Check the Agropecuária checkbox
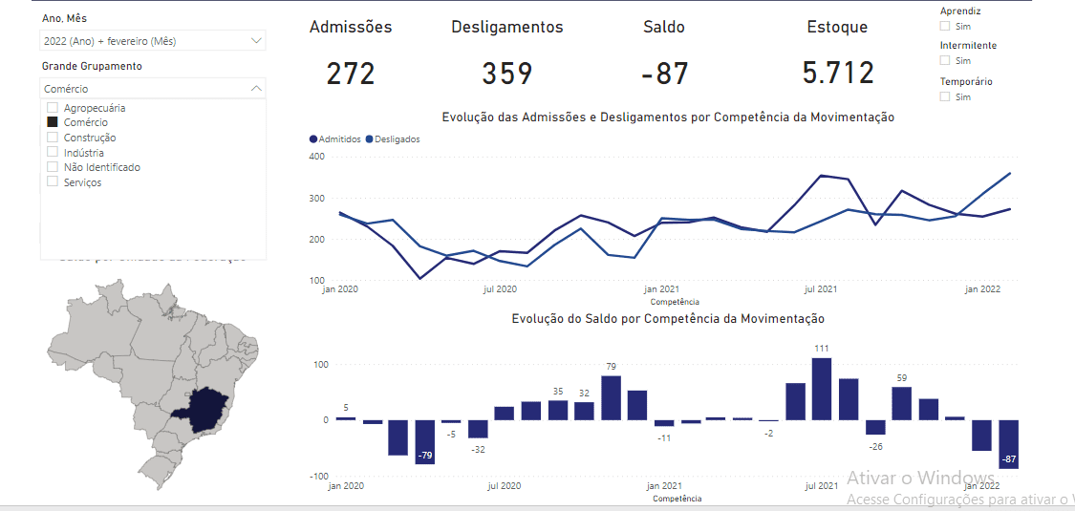pos(53,108)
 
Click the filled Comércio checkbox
pos(53,122)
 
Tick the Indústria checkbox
pos(53,153)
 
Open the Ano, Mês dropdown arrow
pos(256,41)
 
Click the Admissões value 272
pos(351,74)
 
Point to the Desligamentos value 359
pos(507,74)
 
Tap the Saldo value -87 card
pos(664,74)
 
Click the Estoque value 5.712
pos(838,73)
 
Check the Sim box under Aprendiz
pos(945,27)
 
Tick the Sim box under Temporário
pos(945,96)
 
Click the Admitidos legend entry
pos(334,139)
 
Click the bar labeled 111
pos(821,389)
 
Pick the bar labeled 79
pos(611,397)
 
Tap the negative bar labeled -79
pos(425,441)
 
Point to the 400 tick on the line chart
pos(315,157)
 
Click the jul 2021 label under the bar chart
pos(821,486)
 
